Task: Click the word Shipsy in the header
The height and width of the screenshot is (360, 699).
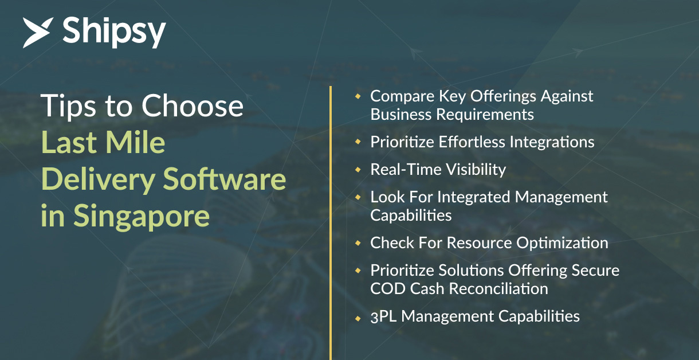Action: (114, 32)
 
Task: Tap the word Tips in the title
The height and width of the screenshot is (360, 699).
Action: (68, 107)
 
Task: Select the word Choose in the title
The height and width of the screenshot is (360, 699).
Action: (193, 106)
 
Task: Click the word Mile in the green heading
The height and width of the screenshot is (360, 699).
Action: (135, 142)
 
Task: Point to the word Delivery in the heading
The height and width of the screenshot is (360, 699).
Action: (99, 179)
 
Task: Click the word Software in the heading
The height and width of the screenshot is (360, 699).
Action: (225, 179)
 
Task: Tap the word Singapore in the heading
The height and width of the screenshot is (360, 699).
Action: (142, 216)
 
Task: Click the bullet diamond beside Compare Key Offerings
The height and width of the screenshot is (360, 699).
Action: (358, 96)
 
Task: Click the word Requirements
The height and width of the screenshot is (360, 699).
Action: (485, 115)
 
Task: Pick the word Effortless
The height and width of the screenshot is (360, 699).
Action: (472, 142)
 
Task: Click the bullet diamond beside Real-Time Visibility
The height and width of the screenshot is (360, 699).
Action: (358, 170)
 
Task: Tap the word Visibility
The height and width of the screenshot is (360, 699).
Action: (476, 170)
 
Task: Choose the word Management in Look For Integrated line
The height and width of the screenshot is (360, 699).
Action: (561, 197)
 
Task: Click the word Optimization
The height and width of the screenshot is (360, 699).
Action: (562, 243)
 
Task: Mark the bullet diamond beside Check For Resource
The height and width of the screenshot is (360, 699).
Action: (358, 243)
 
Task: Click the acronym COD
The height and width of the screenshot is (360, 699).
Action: (388, 289)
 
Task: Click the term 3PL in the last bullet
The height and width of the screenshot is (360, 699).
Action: (383, 316)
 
